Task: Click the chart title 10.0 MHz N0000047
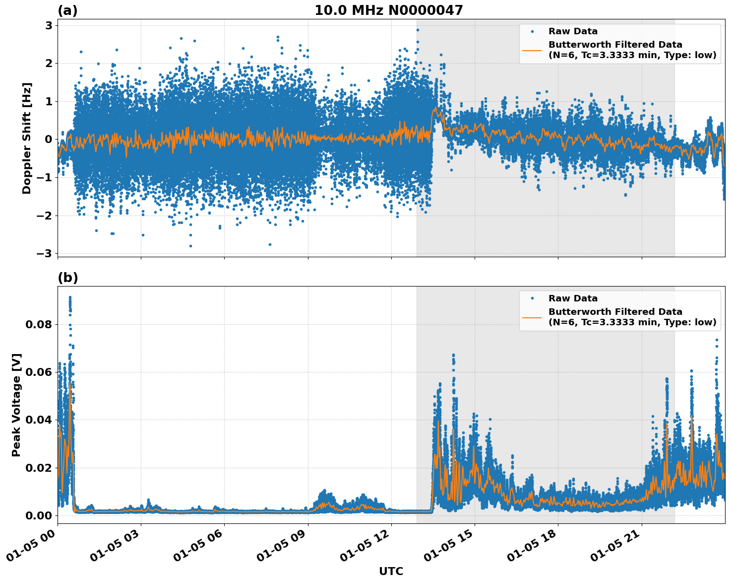click(x=388, y=10)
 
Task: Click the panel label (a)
click(x=67, y=10)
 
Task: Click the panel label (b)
click(x=67, y=278)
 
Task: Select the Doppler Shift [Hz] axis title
click(x=27, y=138)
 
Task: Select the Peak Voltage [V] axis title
click(x=16, y=405)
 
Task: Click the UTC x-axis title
click(x=391, y=571)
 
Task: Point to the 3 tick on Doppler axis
click(x=49, y=25)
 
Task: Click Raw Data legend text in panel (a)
click(x=573, y=31)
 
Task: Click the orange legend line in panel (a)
click(x=532, y=50)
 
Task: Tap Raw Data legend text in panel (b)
click(x=573, y=298)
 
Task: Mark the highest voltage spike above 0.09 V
click(x=70, y=297)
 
